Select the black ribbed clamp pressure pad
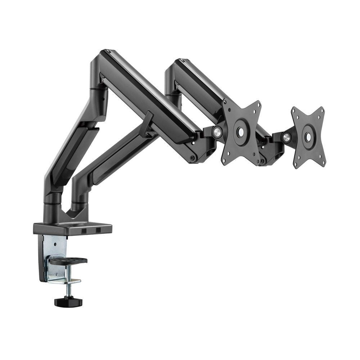point(68,260)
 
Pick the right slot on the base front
point(98,229)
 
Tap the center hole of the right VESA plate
point(308,137)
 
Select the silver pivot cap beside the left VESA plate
point(217,132)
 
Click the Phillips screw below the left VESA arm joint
point(192,157)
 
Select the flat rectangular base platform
point(72,228)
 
